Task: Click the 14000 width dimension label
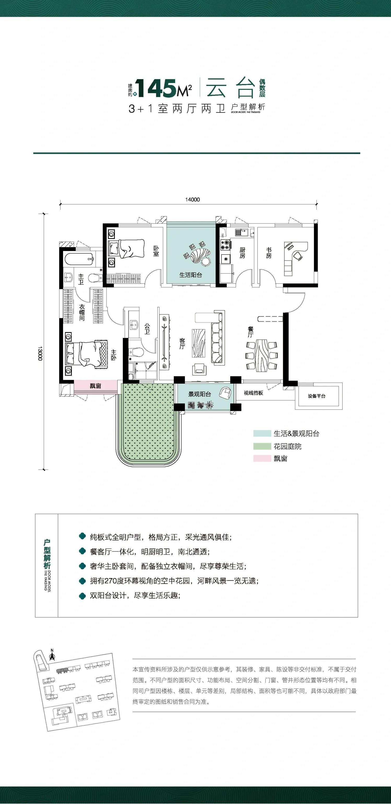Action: point(192,199)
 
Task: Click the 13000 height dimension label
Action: point(40,353)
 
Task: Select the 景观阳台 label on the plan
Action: point(199,394)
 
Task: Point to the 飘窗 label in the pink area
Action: point(95,386)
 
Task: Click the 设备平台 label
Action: point(317,396)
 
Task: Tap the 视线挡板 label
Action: point(253,393)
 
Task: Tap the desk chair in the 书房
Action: point(298,256)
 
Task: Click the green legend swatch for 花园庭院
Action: point(262,446)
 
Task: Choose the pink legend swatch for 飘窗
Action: point(262,459)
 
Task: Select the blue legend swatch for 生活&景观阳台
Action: point(262,433)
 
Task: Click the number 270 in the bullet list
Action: point(111,581)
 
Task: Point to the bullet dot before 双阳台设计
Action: point(82,596)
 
